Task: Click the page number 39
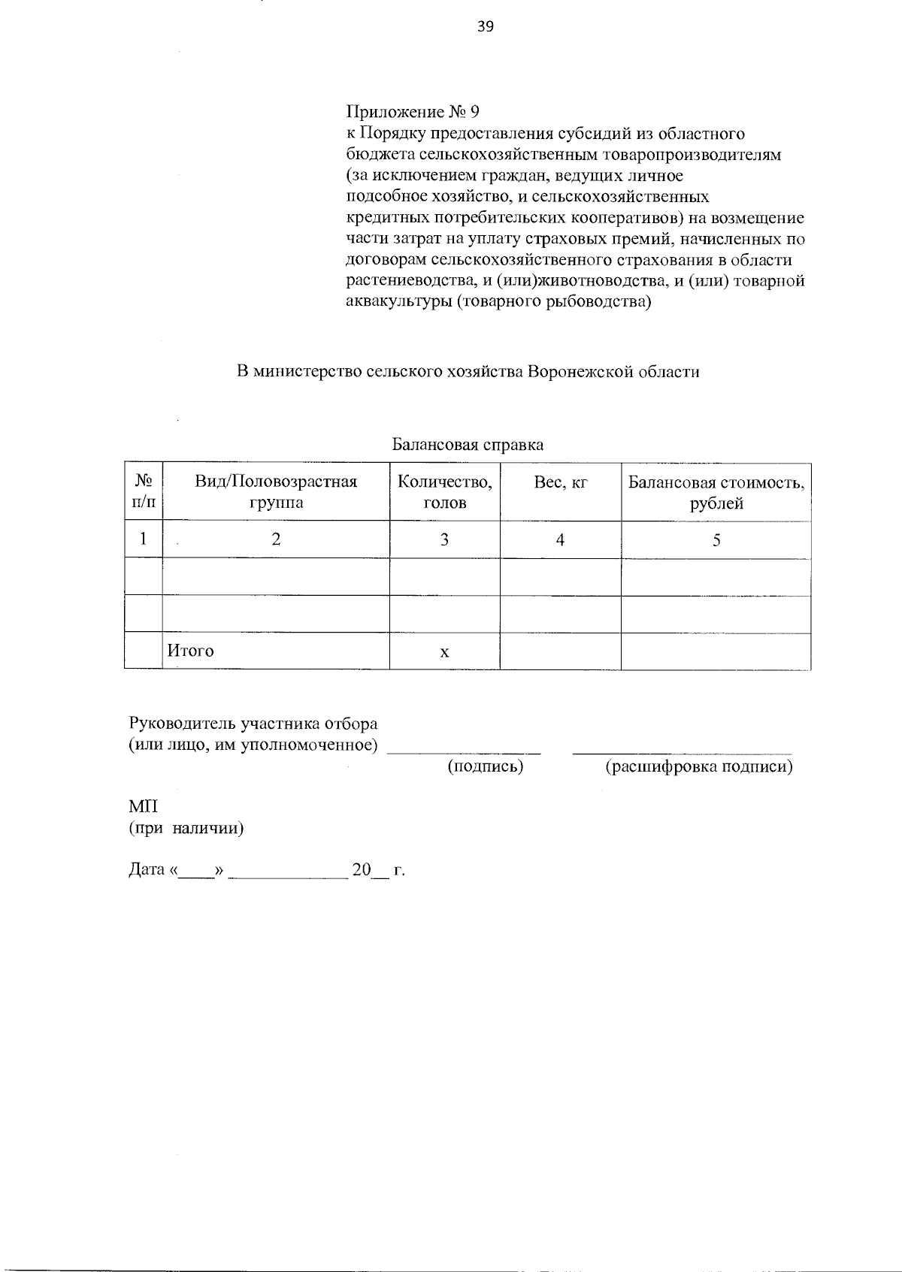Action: coord(485,27)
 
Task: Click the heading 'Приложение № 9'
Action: coord(413,112)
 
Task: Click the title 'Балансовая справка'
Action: coord(468,445)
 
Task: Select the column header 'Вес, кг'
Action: coord(560,482)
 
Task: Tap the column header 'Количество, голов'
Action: coord(444,492)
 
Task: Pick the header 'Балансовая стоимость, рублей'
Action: coord(716,492)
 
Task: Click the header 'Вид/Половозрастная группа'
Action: coord(276,492)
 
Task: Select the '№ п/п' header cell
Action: coord(144,492)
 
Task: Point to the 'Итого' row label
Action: coord(190,651)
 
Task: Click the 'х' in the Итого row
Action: coord(444,652)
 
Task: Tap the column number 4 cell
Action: coord(560,539)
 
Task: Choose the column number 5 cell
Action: coord(716,539)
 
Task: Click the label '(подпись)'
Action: coord(485,766)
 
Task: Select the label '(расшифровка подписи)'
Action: coord(699,766)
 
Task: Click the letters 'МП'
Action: coord(144,807)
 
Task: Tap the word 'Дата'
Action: coord(147,870)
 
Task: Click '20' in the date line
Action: coord(362,870)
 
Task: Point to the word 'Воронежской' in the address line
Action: coord(580,371)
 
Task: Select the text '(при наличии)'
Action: coord(186,829)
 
